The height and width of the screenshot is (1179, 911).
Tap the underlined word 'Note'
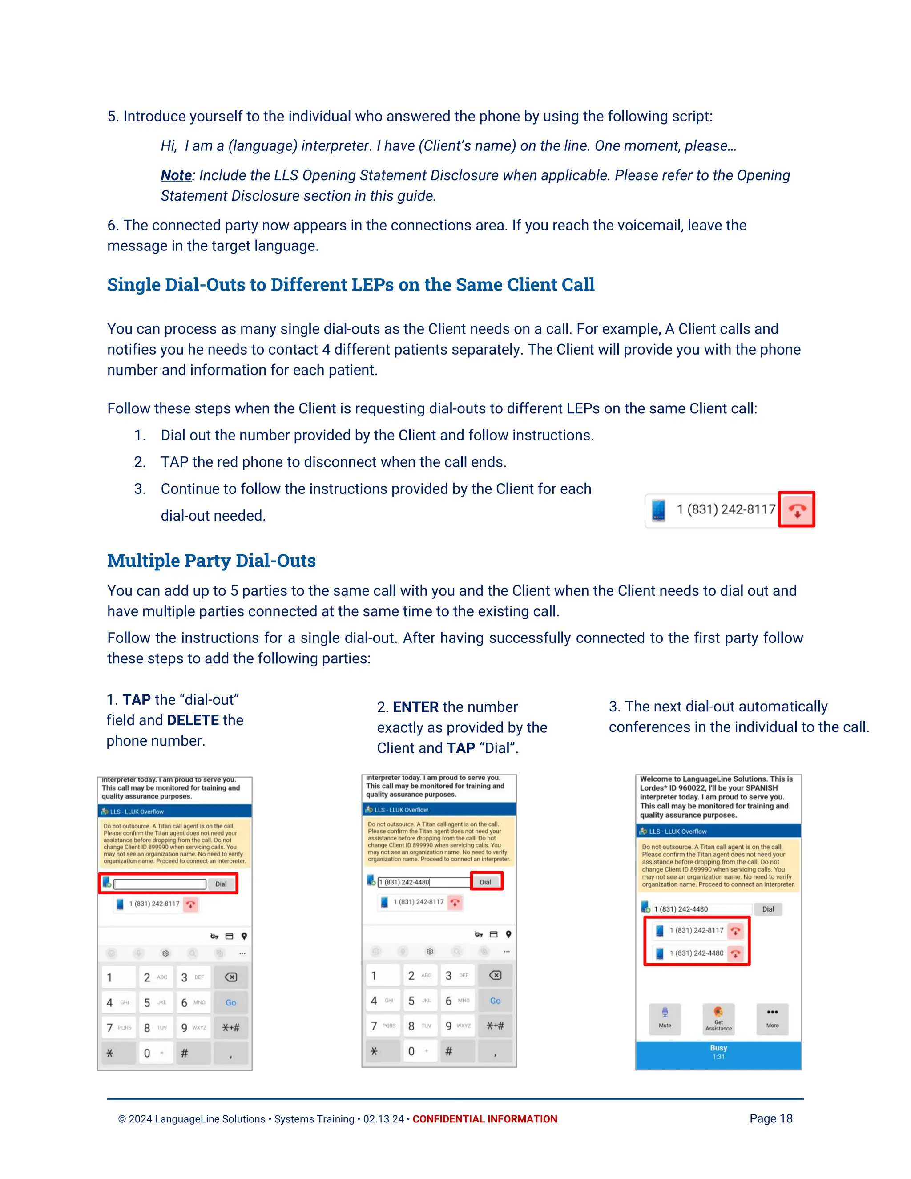coord(176,175)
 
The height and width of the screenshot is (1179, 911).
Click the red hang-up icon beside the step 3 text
coord(797,509)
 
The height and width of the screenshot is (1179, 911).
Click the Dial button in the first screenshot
coord(221,884)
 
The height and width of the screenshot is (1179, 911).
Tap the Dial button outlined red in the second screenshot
coord(486,881)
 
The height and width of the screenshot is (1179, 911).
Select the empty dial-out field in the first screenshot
coord(160,884)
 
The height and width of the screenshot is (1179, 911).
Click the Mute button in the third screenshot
coord(665,1017)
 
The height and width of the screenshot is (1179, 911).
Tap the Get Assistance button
coord(718,1018)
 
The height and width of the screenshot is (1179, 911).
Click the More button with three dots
coord(772,1017)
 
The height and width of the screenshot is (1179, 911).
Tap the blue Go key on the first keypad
coord(230,1002)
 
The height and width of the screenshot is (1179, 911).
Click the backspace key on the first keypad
coord(230,977)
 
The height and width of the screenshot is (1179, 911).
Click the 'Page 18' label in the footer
coord(771,1118)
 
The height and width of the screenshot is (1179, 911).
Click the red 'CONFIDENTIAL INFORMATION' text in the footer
coord(485,1119)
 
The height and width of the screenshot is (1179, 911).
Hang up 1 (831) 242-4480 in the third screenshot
coord(735,953)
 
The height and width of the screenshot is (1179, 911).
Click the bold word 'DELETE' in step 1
coord(193,720)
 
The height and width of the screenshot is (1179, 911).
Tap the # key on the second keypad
coord(449,1051)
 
